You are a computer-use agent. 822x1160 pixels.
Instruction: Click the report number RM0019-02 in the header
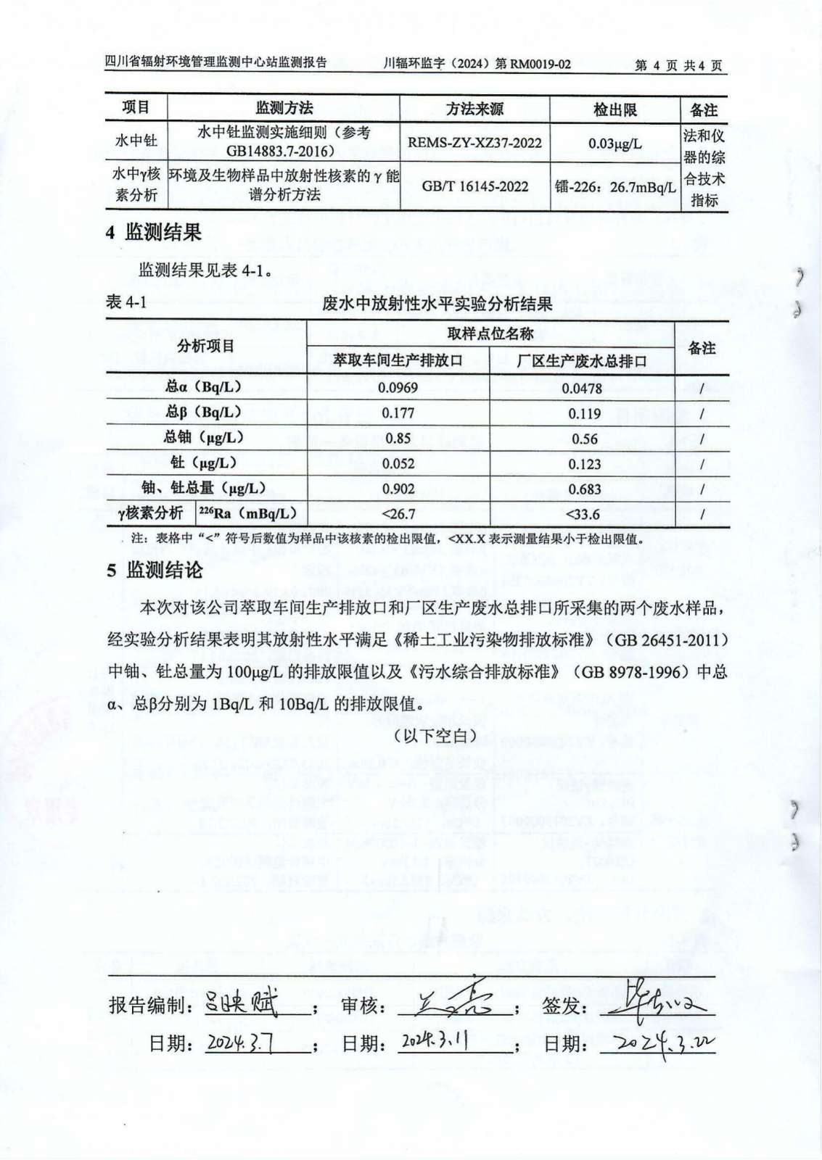(540, 65)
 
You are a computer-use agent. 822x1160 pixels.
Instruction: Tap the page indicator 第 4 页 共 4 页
(678, 65)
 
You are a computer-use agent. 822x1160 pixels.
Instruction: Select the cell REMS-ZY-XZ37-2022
(474, 143)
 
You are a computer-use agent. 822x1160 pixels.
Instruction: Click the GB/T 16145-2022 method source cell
(474, 186)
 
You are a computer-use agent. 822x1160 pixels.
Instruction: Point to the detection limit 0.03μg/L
(615, 143)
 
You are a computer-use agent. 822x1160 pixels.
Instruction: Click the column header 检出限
(615, 109)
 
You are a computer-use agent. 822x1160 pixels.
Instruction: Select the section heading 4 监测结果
(153, 233)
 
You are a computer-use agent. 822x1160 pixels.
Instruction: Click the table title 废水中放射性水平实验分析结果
(437, 304)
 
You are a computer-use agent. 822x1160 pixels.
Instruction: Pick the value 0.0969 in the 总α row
(398, 388)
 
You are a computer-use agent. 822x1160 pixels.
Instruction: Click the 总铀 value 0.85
(398, 439)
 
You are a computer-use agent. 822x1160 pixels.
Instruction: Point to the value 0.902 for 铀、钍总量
(398, 489)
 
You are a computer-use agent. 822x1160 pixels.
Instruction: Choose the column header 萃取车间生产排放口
(398, 360)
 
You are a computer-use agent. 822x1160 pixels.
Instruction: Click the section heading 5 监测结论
(155, 570)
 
